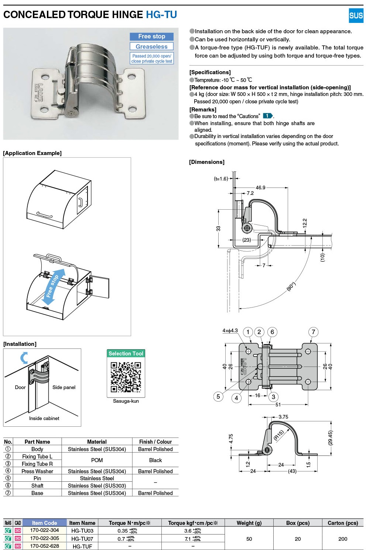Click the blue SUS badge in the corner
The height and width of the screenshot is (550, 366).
tap(356, 16)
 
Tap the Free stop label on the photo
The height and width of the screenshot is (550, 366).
tap(151, 37)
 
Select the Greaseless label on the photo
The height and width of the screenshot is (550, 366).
tap(151, 47)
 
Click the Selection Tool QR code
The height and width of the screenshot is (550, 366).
tap(126, 377)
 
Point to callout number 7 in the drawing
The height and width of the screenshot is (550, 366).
tap(313, 332)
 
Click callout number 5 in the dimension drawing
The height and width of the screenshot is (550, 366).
tap(218, 396)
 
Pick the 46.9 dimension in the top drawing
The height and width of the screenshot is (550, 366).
tap(260, 188)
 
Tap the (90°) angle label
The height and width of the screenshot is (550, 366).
tap(291, 286)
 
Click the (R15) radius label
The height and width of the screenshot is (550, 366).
tap(279, 435)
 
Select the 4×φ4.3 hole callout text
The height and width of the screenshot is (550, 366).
tap(230, 331)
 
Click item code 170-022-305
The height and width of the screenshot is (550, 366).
tap(44, 538)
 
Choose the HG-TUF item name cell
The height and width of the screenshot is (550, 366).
tap(82, 546)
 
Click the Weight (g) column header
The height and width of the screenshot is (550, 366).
tap(249, 523)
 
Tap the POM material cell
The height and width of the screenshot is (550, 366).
tap(97, 460)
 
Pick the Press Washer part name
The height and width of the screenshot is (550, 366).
tap(37, 471)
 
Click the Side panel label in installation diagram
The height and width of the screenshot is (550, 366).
tap(64, 387)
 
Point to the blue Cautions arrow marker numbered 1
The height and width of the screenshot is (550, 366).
tap(268, 116)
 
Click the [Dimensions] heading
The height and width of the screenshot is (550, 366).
tap(207, 162)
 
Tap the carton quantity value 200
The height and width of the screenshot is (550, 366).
tap(343, 539)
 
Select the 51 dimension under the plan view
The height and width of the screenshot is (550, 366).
tap(278, 405)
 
